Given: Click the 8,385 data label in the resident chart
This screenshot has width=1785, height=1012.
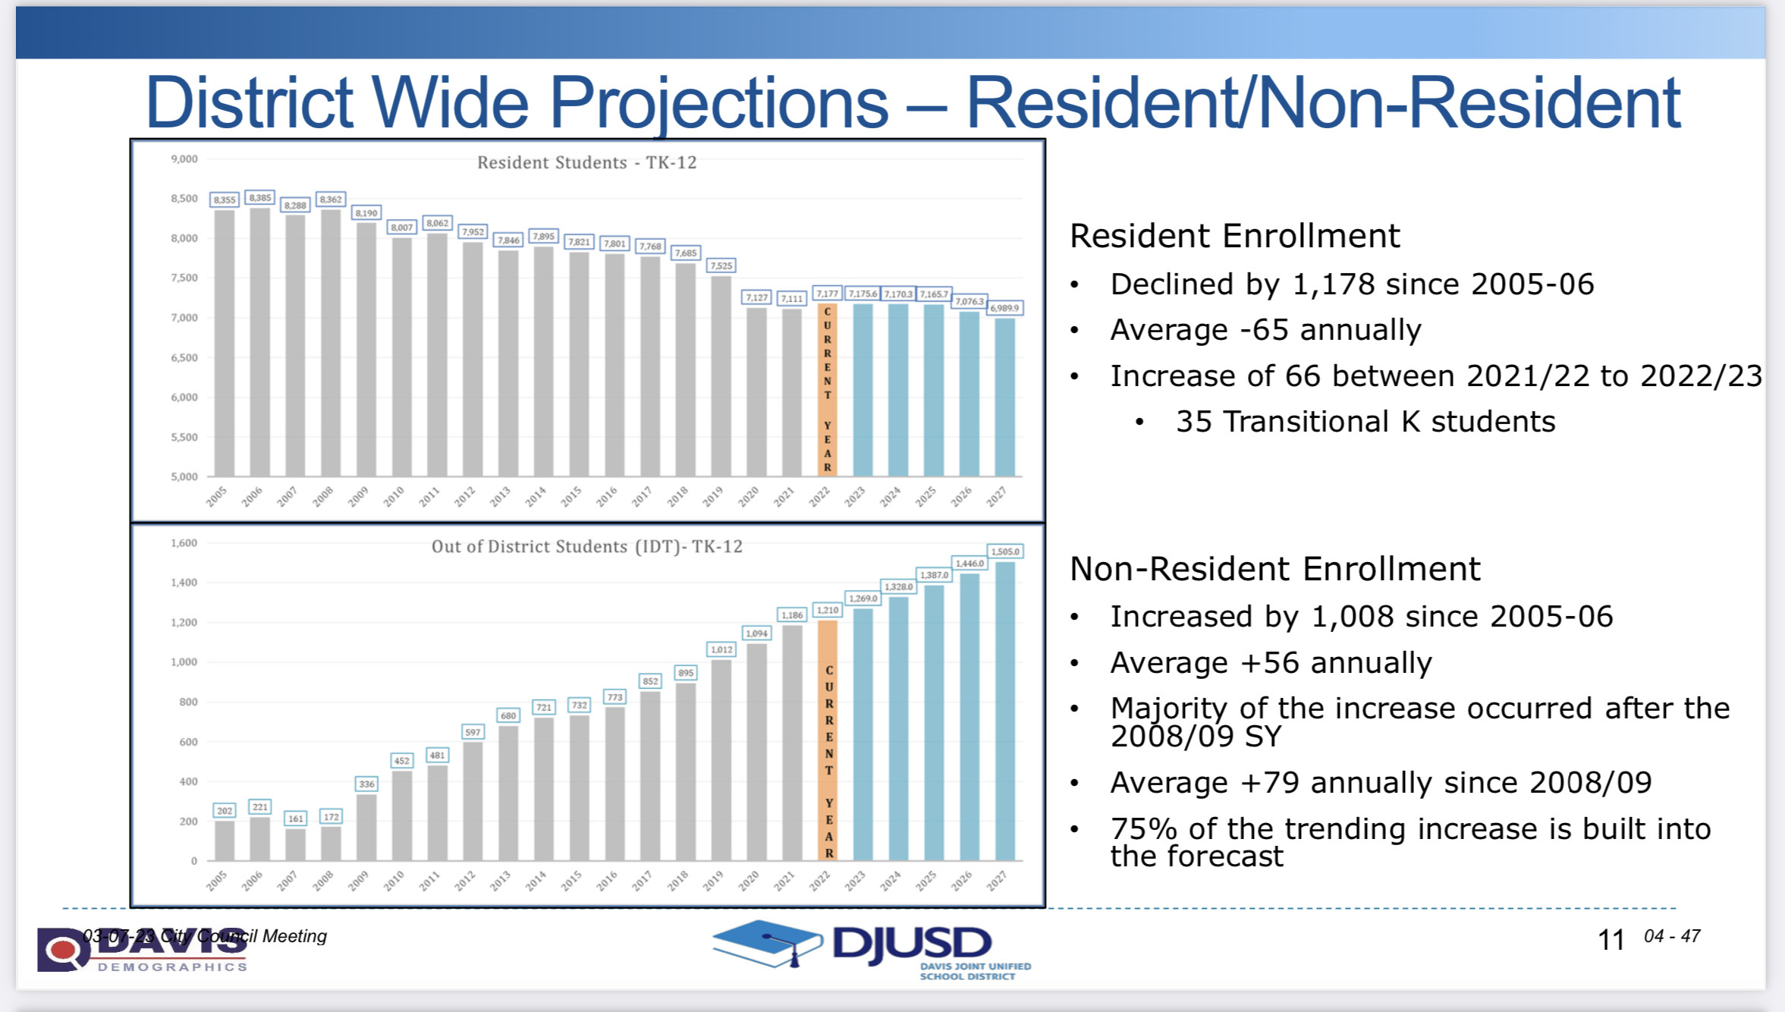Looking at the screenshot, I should click(259, 198).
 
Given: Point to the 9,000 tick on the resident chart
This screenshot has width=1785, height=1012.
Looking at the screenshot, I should click(184, 159).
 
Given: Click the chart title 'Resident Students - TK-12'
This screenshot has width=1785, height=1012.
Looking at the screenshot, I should click(586, 162).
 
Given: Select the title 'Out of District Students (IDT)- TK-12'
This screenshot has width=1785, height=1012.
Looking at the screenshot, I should click(586, 546).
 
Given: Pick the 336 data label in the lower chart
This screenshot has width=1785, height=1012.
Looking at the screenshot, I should click(366, 784).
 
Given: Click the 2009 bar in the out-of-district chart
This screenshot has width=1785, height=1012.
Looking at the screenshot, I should click(366, 827).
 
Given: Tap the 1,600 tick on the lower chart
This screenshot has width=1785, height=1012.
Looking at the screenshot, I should click(184, 543).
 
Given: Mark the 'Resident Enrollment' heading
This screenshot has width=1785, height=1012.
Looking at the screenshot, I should click(1234, 236).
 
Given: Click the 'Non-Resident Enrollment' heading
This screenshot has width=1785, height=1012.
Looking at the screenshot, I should click(1274, 569).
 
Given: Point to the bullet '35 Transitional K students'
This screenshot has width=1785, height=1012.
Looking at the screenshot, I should click(1365, 422).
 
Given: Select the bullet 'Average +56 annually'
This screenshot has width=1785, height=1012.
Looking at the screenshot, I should click(1271, 663).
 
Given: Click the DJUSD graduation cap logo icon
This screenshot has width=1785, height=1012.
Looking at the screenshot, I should click(766, 944).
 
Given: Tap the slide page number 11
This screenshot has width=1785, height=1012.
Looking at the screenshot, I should click(1611, 941).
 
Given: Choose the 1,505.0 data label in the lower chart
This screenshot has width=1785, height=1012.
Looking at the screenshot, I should click(1004, 552).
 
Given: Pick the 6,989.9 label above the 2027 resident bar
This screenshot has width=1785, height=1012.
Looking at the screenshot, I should click(1004, 308).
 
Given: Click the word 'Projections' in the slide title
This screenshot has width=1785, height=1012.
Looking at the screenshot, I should click(718, 102).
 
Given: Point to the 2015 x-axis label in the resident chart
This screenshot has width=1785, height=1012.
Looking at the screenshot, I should click(571, 496).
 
